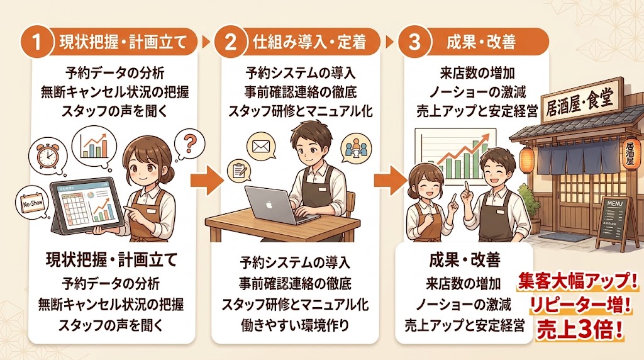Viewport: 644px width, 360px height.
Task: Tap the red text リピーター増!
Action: pos(579,305)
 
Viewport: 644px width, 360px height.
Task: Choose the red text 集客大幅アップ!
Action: pos(579,281)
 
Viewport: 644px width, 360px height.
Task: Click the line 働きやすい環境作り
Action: pos(294,325)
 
